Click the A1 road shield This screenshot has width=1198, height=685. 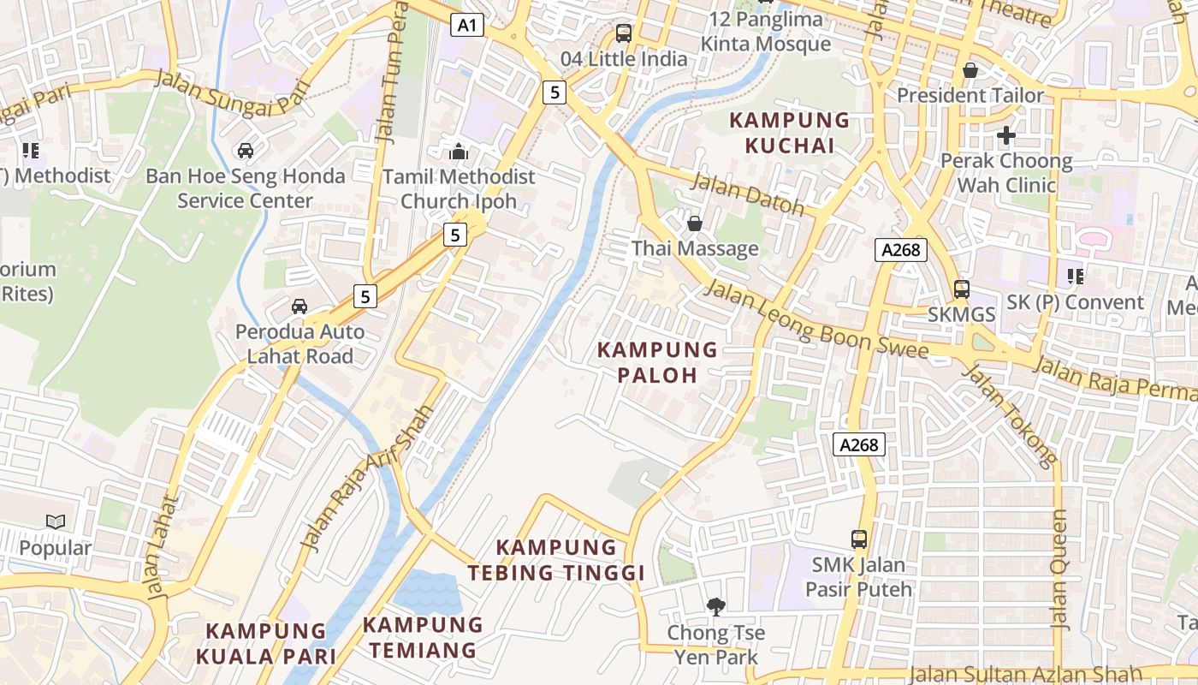tap(466, 26)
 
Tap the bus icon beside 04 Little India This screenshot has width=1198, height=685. tap(624, 33)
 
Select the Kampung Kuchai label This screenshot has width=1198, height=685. tap(789, 133)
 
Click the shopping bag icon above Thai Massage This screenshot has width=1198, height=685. tap(695, 224)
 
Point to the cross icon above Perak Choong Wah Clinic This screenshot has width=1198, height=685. tap(1006, 135)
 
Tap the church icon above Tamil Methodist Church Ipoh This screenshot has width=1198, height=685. tap(459, 152)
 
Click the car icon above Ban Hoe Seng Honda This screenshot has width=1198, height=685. tap(246, 151)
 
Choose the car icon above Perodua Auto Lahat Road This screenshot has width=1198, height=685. tap(299, 307)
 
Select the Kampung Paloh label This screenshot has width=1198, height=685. tap(657, 362)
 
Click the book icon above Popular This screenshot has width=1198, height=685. tap(56, 521)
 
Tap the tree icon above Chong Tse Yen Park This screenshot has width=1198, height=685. tap(715, 607)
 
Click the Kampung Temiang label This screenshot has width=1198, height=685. tap(423, 637)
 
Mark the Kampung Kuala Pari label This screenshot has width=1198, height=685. tap(265, 644)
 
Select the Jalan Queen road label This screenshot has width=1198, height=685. tap(1059, 569)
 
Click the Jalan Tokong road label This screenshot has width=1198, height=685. tap(1010, 415)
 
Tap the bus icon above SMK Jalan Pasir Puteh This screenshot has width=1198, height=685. tap(859, 539)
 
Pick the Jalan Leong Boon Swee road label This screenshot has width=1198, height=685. tap(815, 320)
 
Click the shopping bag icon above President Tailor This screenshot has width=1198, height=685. tap(970, 70)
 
